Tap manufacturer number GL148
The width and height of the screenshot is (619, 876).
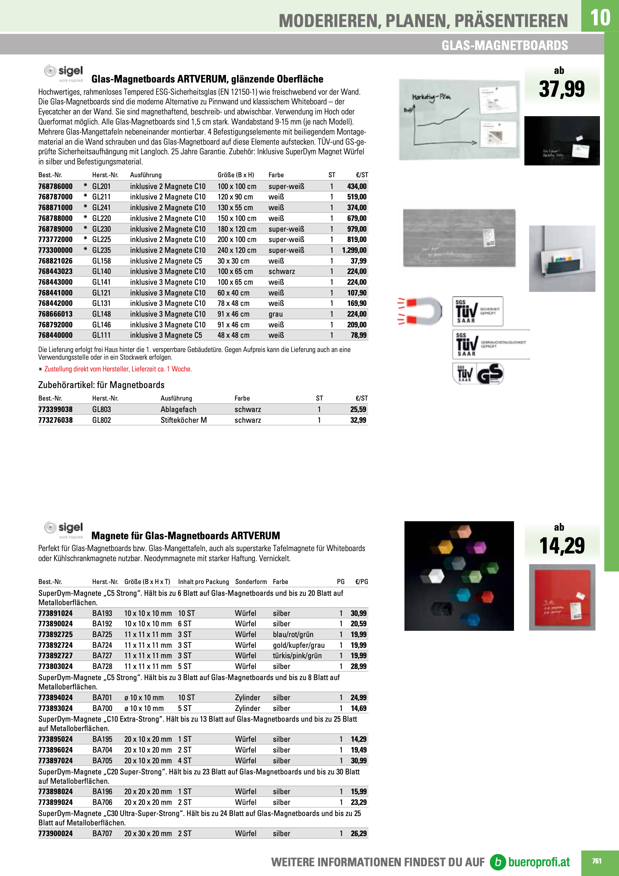102,314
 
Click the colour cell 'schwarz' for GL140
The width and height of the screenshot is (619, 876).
281,271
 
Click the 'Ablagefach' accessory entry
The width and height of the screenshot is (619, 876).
178,409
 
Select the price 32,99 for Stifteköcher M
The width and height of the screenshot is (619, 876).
358,420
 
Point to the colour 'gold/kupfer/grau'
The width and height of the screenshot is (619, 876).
299,645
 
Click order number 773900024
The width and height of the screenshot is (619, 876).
55,834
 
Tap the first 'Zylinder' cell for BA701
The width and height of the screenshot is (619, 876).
247,697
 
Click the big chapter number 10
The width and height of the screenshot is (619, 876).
600,18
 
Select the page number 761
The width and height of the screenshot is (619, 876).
596,861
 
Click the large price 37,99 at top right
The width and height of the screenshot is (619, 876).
561,89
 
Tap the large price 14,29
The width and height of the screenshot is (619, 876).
562,546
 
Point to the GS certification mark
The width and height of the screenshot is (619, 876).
490,373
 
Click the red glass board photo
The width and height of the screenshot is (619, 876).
562,597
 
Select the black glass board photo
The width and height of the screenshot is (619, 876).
562,141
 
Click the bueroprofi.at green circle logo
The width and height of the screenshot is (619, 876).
498,862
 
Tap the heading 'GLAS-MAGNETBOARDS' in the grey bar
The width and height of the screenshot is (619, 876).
505,45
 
